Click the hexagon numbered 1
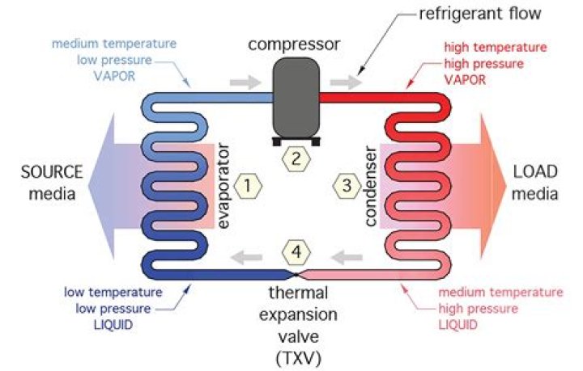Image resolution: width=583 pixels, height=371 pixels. pos(249,187)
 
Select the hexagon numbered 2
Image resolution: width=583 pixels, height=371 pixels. pos(296,158)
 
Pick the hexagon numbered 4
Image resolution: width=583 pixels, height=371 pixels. pos(296,253)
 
